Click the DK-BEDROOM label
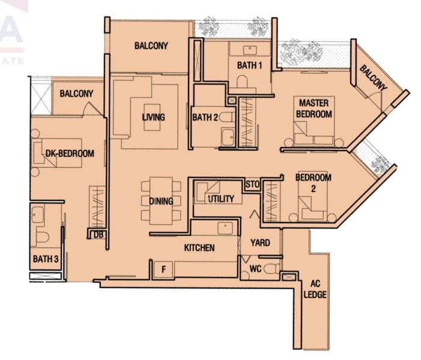pyautogui.click(x=70, y=154)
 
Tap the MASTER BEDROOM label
pyautogui.click(x=314, y=109)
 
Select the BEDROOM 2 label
pyautogui.click(x=313, y=183)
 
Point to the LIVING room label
pyautogui.click(x=154, y=117)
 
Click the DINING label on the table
pyautogui.click(x=161, y=201)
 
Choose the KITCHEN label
pyautogui.click(x=199, y=248)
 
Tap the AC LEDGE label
pyautogui.click(x=315, y=289)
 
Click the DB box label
pyautogui.click(x=98, y=235)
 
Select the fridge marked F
pyautogui.click(x=163, y=269)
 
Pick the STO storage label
pyautogui.click(x=253, y=184)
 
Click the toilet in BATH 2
pyautogui.click(x=227, y=118)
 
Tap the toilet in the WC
pyautogui.click(x=271, y=269)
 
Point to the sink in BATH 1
pyautogui.click(x=250, y=50)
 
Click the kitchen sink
pyautogui.click(x=225, y=228)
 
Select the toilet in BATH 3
pyautogui.click(x=43, y=237)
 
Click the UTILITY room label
pyautogui.click(x=221, y=199)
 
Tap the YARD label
pyautogui.click(x=260, y=243)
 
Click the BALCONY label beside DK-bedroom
pyautogui.click(x=76, y=94)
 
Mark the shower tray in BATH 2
pyautogui.click(x=228, y=137)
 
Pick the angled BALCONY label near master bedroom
pyautogui.click(x=373, y=78)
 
